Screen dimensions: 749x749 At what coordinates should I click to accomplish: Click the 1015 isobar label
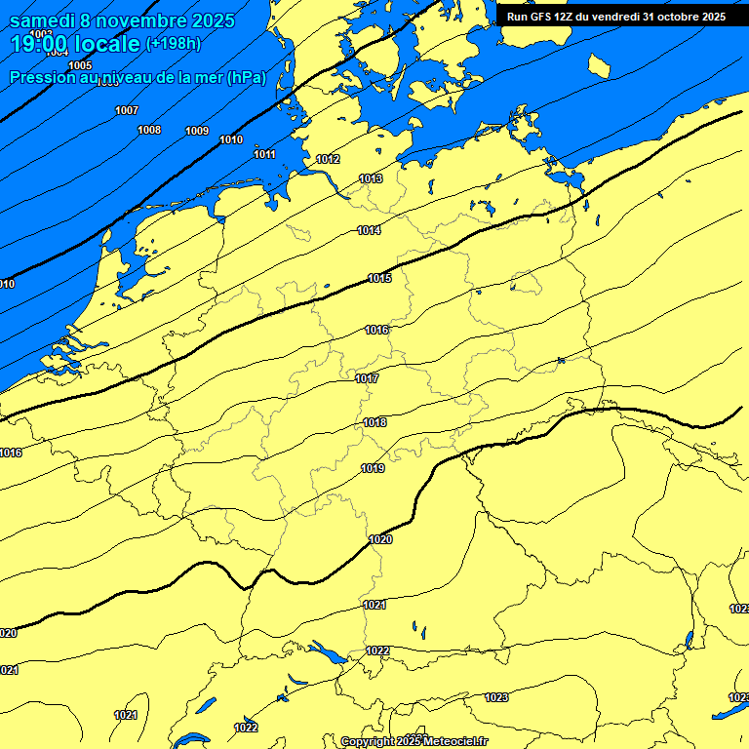[379, 279]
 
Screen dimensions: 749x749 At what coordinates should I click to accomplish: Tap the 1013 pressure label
[371, 178]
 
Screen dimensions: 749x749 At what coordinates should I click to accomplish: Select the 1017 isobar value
[367, 378]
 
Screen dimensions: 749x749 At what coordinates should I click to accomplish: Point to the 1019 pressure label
[373, 468]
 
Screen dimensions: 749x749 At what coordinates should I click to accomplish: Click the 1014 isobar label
[369, 230]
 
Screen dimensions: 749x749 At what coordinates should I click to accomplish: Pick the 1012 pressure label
[328, 159]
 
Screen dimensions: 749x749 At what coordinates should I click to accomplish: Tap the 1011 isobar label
[264, 154]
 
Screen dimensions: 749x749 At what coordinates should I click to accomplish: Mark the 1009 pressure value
[197, 131]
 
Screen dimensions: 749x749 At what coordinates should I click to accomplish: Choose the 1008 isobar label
[149, 130]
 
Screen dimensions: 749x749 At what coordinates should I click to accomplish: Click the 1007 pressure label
[127, 110]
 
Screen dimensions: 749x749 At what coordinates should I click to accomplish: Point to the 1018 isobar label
[374, 422]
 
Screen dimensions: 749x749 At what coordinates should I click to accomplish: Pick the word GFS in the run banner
[544, 17]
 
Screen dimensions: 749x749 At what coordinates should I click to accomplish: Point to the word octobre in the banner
[674, 17]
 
